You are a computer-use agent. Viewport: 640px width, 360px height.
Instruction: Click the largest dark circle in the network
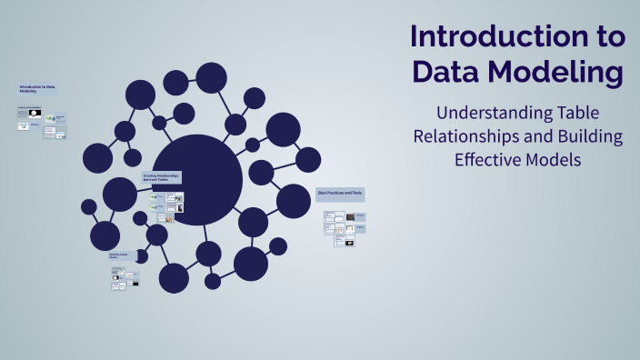[x=196, y=180]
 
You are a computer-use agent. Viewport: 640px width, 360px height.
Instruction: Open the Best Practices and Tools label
[x=339, y=193]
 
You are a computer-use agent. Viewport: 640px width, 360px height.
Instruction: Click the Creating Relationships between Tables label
[x=161, y=177]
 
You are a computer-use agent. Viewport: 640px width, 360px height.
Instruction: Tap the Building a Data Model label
[x=121, y=256]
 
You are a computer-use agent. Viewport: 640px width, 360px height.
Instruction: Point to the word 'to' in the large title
[x=605, y=37]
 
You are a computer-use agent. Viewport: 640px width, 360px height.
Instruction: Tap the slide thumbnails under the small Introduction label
[x=42, y=124]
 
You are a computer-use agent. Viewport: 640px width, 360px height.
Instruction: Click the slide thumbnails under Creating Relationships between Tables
[x=165, y=205]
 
